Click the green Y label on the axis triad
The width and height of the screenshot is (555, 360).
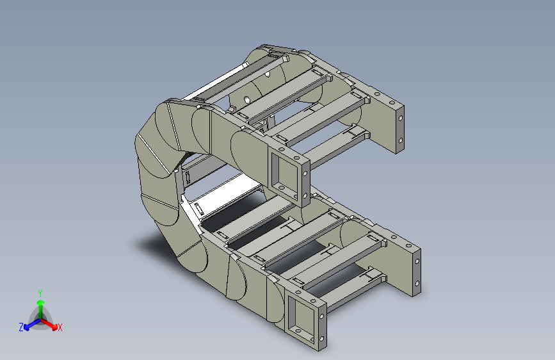point(40,293)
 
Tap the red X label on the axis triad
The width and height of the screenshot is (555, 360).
point(60,327)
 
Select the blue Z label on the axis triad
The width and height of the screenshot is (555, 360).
point(21,327)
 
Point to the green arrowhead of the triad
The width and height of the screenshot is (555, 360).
point(41,303)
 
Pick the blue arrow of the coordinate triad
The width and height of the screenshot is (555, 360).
point(32,324)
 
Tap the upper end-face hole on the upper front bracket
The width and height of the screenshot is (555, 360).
point(305,174)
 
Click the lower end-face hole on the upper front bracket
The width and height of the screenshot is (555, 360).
point(305,195)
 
